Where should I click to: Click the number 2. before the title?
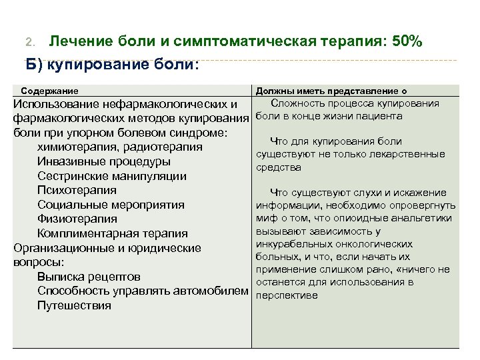pos(29,43)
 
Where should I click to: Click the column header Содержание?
pos(50,91)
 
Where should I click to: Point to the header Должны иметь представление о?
pos(331,91)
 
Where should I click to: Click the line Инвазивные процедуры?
pos(104,162)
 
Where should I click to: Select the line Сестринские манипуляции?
pos(112,177)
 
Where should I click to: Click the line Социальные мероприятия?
pos(111,205)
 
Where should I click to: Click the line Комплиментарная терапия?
pos(113,234)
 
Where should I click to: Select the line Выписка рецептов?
pos(89,277)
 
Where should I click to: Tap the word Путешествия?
pos(75,306)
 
